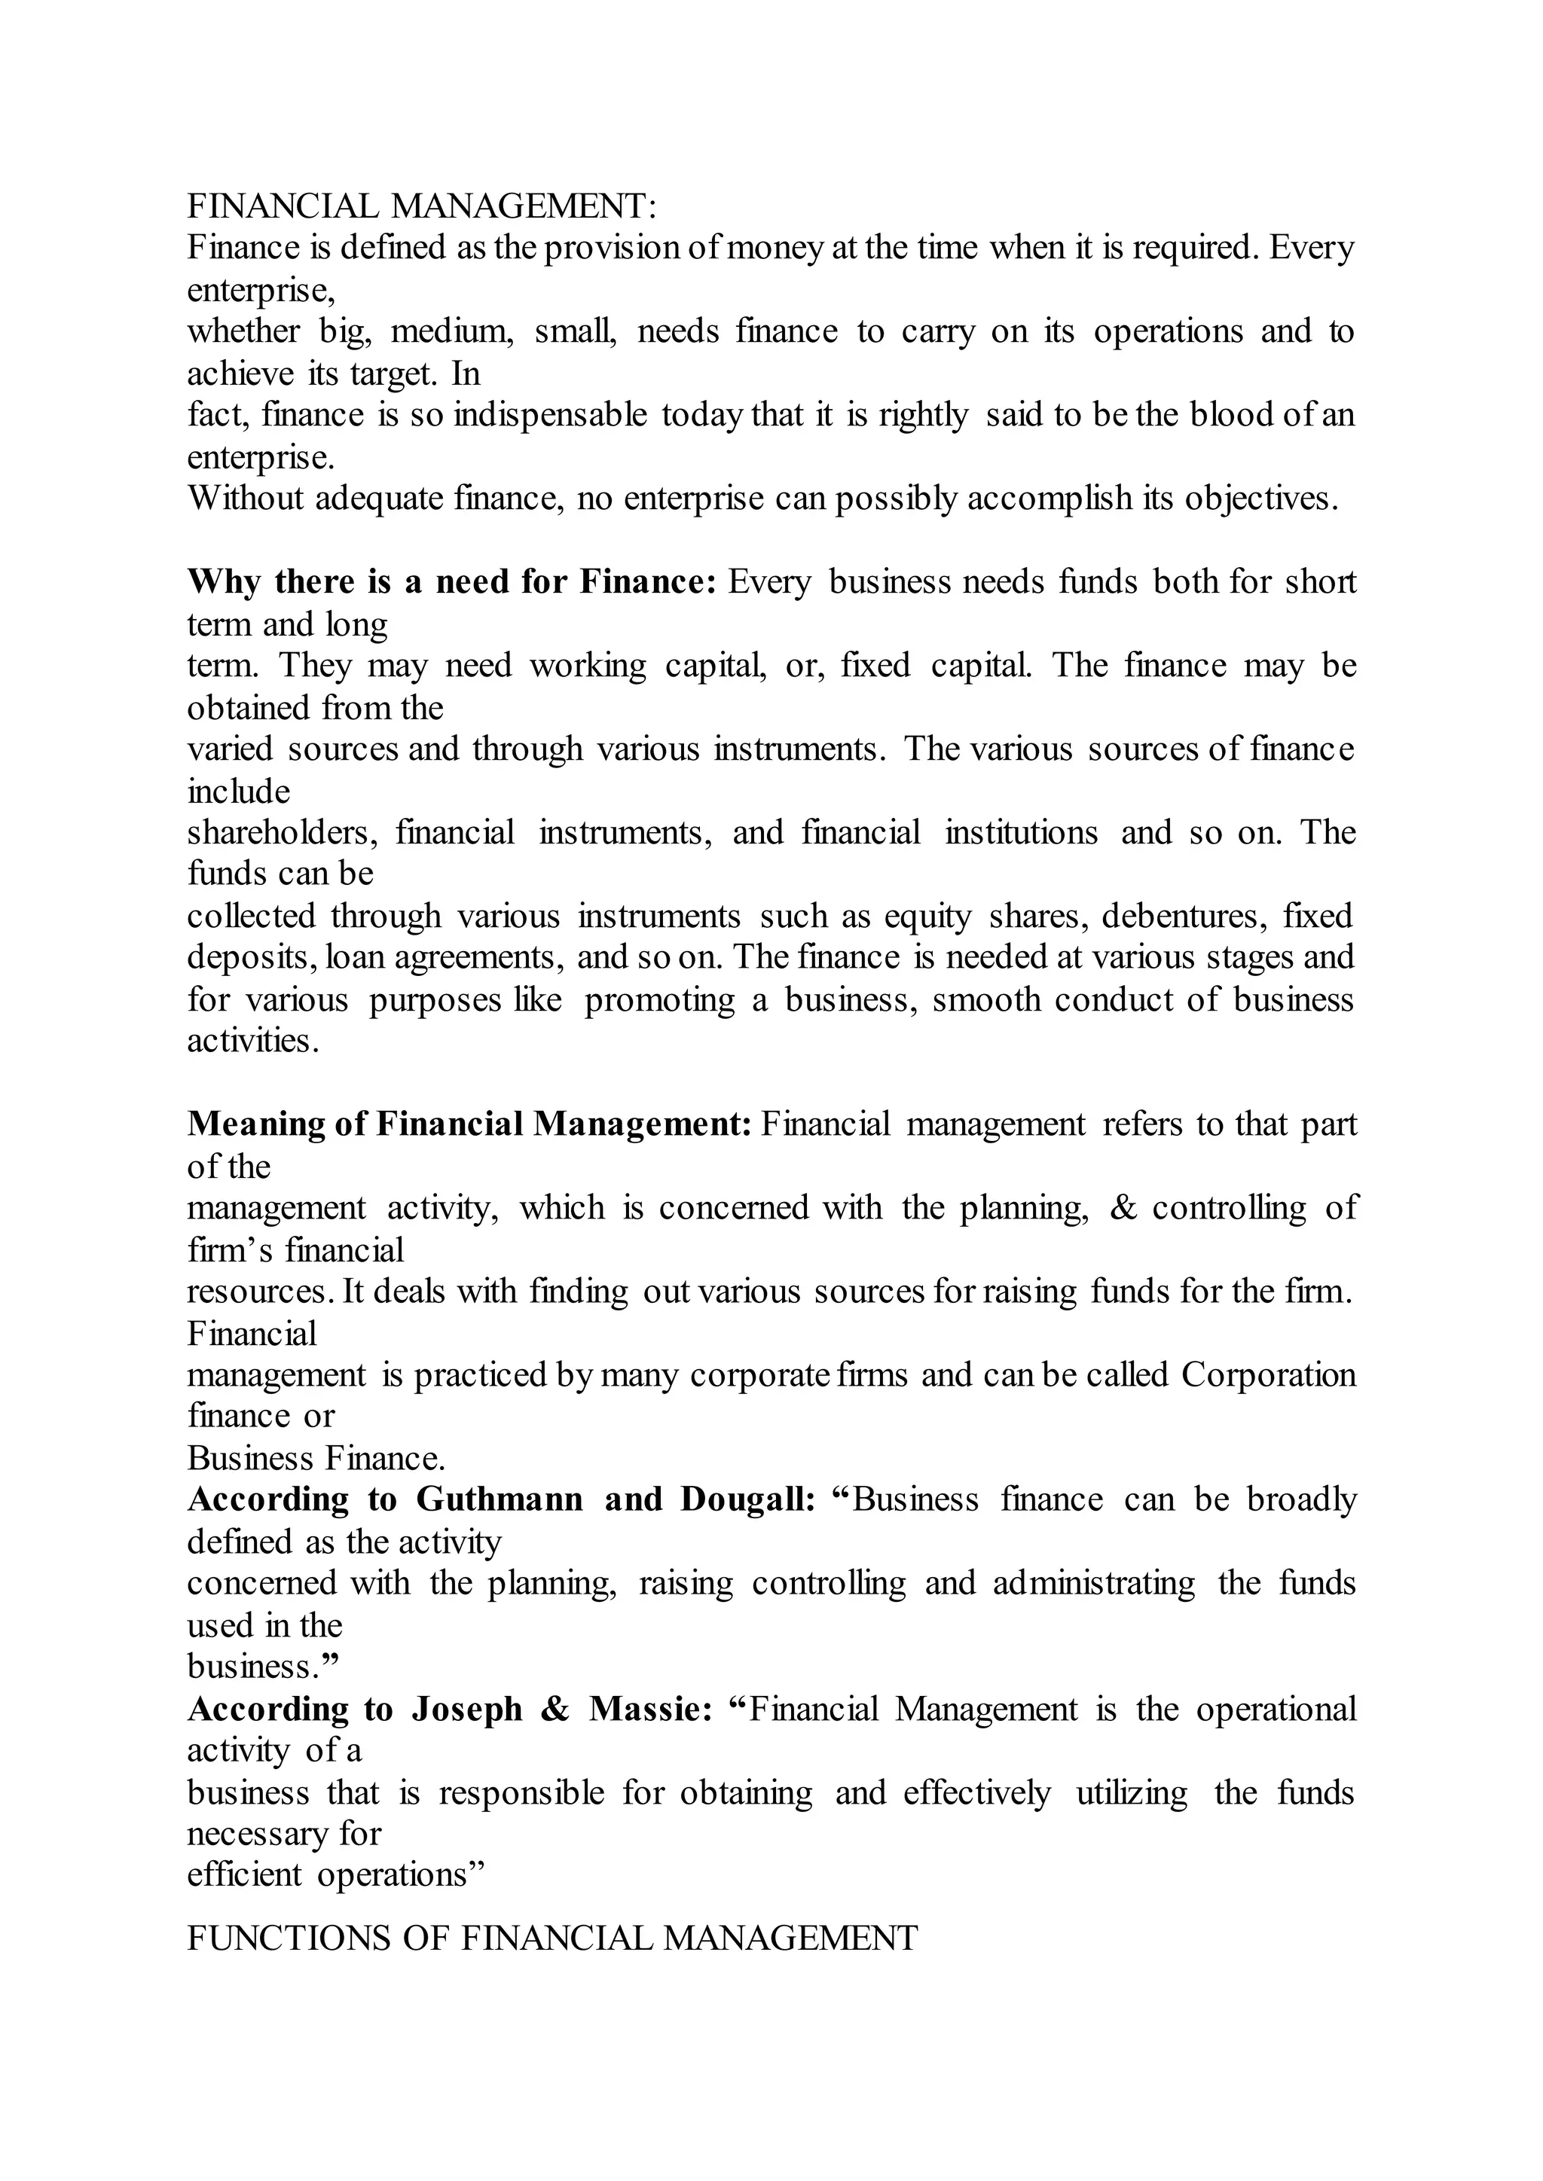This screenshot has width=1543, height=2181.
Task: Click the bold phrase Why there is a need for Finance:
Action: [451, 581]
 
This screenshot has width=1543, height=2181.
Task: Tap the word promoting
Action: [659, 999]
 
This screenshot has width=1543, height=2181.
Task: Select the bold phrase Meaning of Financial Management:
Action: [469, 1124]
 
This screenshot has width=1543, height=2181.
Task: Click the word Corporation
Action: [1269, 1374]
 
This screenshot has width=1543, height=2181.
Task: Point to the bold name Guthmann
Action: [500, 1499]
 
